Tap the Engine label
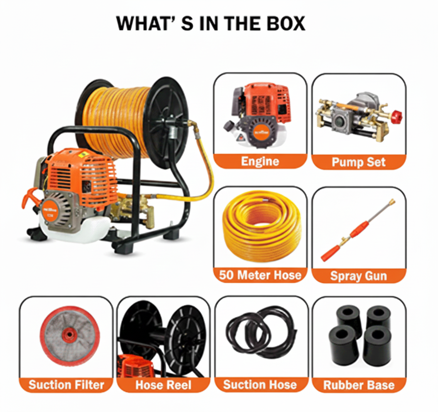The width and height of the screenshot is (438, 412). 260,162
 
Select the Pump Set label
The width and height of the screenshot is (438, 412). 359,162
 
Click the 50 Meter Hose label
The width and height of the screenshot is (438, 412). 260,275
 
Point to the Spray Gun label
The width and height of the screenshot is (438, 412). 359,276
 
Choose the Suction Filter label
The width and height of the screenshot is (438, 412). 66,385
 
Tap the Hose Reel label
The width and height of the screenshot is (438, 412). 163,385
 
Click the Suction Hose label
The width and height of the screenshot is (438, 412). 260,385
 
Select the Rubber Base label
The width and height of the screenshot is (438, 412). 359,385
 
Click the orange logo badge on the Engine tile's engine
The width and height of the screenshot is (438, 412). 261,131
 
